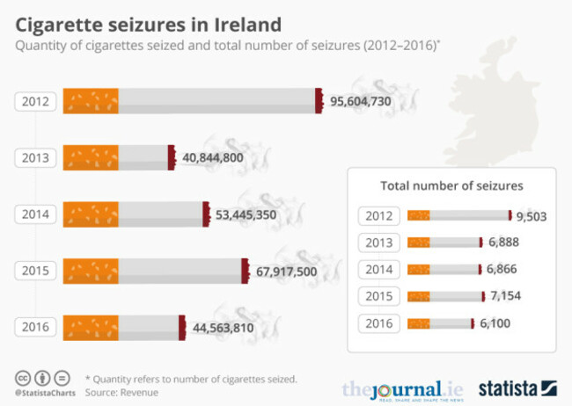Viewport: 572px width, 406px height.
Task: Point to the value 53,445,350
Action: (251, 214)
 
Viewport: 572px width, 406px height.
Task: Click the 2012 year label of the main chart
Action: (36, 102)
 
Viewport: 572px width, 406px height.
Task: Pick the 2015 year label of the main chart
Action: (36, 271)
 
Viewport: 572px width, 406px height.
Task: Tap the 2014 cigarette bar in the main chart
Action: (136, 214)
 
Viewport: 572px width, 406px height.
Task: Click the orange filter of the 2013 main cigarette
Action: (92, 158)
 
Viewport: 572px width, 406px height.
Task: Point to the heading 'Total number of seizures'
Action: (451, 185)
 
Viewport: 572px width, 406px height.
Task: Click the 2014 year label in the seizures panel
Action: (379, 269)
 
